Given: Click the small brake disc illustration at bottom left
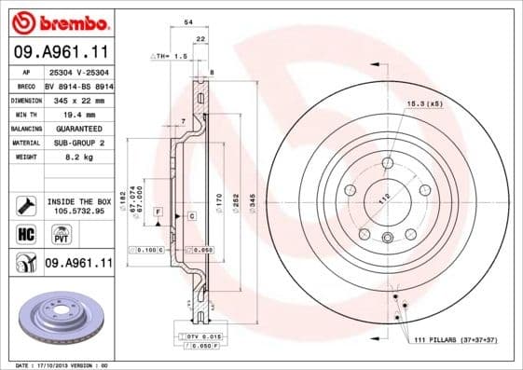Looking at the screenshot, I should coord(59,313).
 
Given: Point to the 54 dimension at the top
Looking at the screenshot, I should coord(188,21).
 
